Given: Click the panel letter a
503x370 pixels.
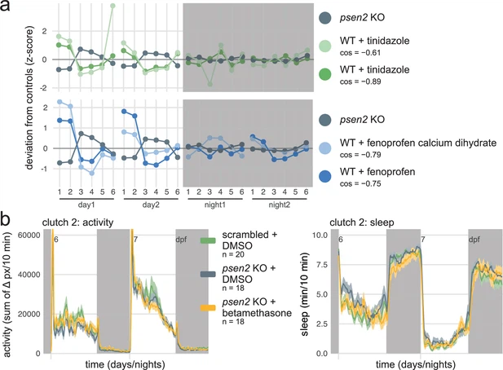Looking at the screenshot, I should (x=7, y=8).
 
